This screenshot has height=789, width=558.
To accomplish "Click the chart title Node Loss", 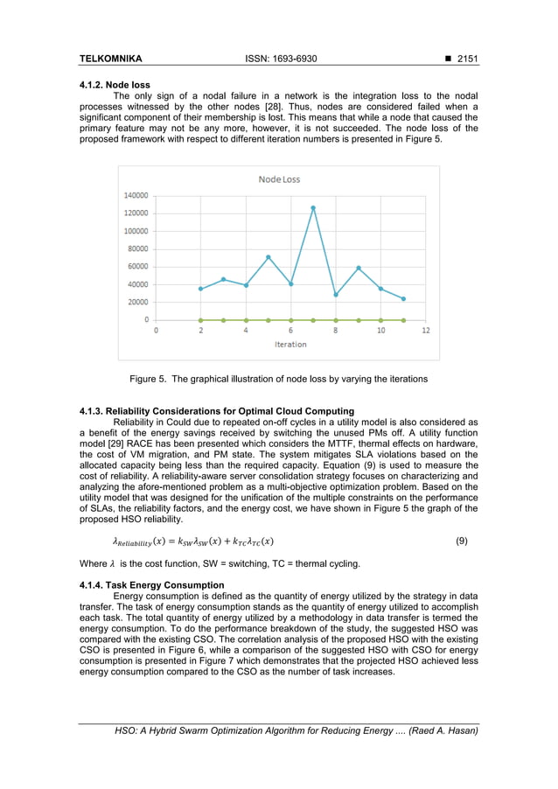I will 279,179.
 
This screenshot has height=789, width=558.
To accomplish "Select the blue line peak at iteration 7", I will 313,208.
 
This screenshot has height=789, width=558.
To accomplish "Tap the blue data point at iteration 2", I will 201,289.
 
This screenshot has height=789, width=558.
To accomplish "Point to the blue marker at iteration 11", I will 403,299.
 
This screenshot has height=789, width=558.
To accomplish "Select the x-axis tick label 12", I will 426,332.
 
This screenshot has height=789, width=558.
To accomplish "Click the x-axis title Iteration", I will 290,345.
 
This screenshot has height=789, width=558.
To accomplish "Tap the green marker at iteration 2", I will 201,320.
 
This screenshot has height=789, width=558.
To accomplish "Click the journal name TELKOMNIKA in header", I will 110,59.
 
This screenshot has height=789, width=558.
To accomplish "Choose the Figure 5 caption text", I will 279,379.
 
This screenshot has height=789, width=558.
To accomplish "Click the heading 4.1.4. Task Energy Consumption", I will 151,585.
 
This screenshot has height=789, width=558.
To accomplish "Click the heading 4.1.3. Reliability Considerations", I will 216,411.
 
